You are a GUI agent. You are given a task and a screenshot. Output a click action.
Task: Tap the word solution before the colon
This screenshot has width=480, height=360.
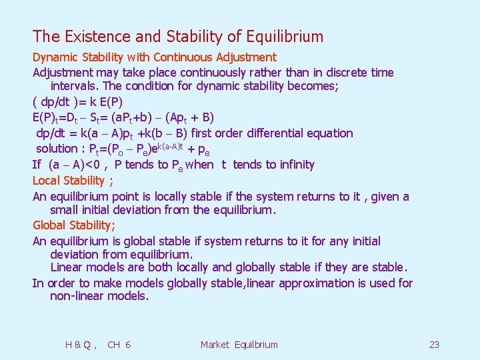click(57, 148)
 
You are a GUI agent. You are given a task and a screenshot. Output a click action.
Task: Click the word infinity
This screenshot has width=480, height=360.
click(293, 165)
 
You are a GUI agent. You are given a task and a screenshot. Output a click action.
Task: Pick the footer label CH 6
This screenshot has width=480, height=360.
click(119, 345)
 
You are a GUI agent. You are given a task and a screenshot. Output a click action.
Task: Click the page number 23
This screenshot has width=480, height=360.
click(434, 345)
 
